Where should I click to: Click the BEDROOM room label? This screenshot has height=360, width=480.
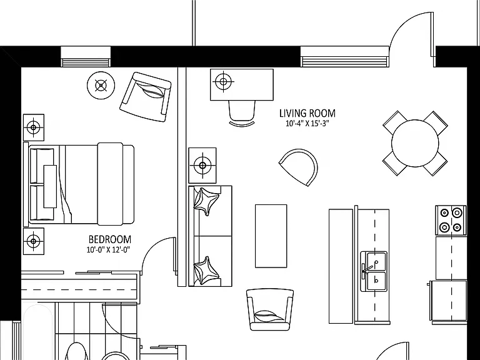click(109, 239)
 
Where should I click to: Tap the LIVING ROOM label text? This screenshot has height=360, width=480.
click(307, 113)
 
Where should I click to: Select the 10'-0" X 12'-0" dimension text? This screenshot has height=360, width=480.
click(108, 250)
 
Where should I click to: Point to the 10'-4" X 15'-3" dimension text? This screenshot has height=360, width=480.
click(307, 124)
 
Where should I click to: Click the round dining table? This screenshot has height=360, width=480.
click(415, 143)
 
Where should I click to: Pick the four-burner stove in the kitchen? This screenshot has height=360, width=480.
click(451, 220)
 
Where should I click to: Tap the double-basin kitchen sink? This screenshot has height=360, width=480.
click(374, 271)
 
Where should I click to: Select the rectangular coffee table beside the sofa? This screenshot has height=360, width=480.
click(271, 236)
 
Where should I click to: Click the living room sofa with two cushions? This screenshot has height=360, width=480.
click(210, 236)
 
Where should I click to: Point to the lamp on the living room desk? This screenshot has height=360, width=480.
click(223, 82)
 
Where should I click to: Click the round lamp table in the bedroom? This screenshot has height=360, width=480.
click(101, 86)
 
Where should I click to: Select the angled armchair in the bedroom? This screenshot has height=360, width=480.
click(145, 97)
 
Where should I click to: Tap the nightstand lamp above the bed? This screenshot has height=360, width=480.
click(34, 127)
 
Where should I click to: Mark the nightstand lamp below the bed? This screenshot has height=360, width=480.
click(34, 241)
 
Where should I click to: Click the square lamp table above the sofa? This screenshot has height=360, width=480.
click(202, 166)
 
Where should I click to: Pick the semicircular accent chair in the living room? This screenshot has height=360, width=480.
click(299, 167)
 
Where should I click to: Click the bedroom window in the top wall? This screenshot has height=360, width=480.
click(86, 57)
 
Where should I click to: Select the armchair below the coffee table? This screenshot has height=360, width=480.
click(270, 309)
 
